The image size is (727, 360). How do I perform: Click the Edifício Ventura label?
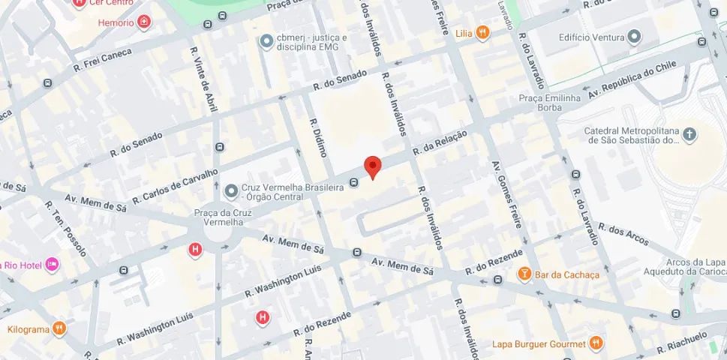tap(590, 36)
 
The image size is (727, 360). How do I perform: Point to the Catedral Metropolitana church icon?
tap(689, 135)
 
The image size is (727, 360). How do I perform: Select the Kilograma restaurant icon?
tap(61, 328)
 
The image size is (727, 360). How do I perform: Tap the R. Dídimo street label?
tap(316, 139)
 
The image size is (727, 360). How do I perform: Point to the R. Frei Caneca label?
tap(102, 60)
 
